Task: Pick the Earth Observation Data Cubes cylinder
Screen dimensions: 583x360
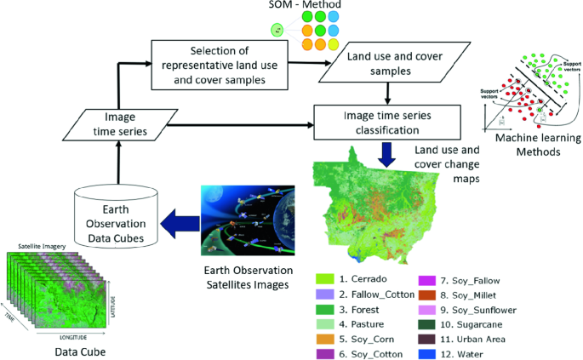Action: coord(117,213)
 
